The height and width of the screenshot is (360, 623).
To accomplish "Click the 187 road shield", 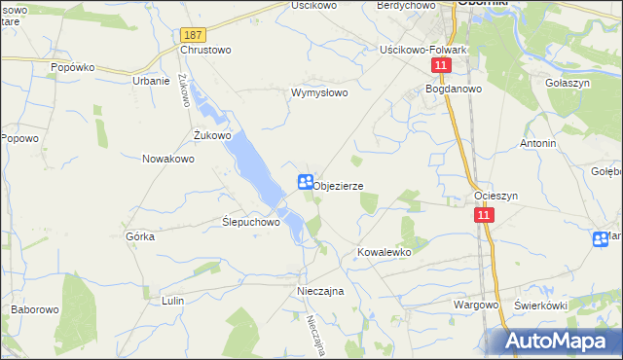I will pos(192,34).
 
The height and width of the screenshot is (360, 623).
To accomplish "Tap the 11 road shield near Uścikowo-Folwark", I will pos(442,65).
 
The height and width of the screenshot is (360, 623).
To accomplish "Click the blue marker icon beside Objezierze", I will pos(305,182).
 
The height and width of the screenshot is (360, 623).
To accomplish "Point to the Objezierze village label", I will pos(339,185).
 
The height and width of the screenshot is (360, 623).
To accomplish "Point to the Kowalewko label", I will pos(385,251).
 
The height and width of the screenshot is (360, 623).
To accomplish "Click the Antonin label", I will pos(538,143).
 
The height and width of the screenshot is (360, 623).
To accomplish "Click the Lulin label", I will pos(173,302).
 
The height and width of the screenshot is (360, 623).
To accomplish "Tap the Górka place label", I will pos(141,236).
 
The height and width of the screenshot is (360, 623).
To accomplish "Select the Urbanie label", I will pos(151,81).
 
